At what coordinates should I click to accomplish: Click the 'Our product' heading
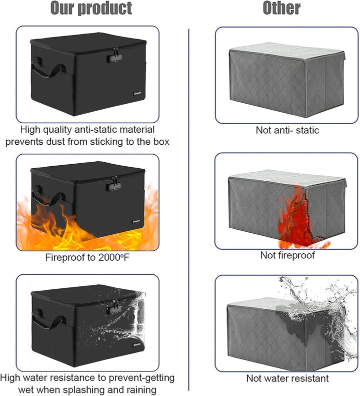point(91,8)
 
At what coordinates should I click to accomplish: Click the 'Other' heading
point(281,8)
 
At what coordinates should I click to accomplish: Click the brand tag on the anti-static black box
point(137,94)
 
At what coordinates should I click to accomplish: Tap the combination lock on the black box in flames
point(113,186)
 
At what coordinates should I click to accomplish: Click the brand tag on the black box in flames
point(136,221)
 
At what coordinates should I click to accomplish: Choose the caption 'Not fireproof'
point(287,255)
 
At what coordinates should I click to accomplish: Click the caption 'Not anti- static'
point(287,130)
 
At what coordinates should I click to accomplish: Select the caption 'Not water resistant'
point(287,378)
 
